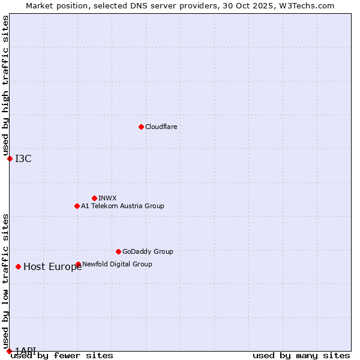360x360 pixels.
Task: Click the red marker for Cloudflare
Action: coord(141,127)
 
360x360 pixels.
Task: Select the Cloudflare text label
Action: coord(161,127)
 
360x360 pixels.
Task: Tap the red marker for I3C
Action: coord(10,158)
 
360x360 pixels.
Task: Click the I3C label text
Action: coord(23,158)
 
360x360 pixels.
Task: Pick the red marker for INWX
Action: coord(94,198)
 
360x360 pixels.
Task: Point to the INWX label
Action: coord(107,198)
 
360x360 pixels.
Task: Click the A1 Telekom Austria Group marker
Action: coord(77,206)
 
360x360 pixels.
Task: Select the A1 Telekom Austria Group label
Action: coord(122,206)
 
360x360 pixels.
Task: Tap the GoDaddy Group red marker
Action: coord(118,251)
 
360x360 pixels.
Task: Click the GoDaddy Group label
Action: coord(148,251)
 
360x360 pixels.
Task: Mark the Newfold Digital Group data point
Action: coord(78,264)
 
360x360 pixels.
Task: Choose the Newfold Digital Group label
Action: coord(117,264)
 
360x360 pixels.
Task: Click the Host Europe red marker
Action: coord(19,266)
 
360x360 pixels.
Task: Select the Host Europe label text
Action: coord(52,267)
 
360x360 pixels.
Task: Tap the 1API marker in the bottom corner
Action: coord(9,351)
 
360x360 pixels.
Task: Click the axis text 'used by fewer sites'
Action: coord(62,356)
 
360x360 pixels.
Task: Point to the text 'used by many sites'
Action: coord(301,356)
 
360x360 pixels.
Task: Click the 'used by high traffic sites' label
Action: coord(6,86)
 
